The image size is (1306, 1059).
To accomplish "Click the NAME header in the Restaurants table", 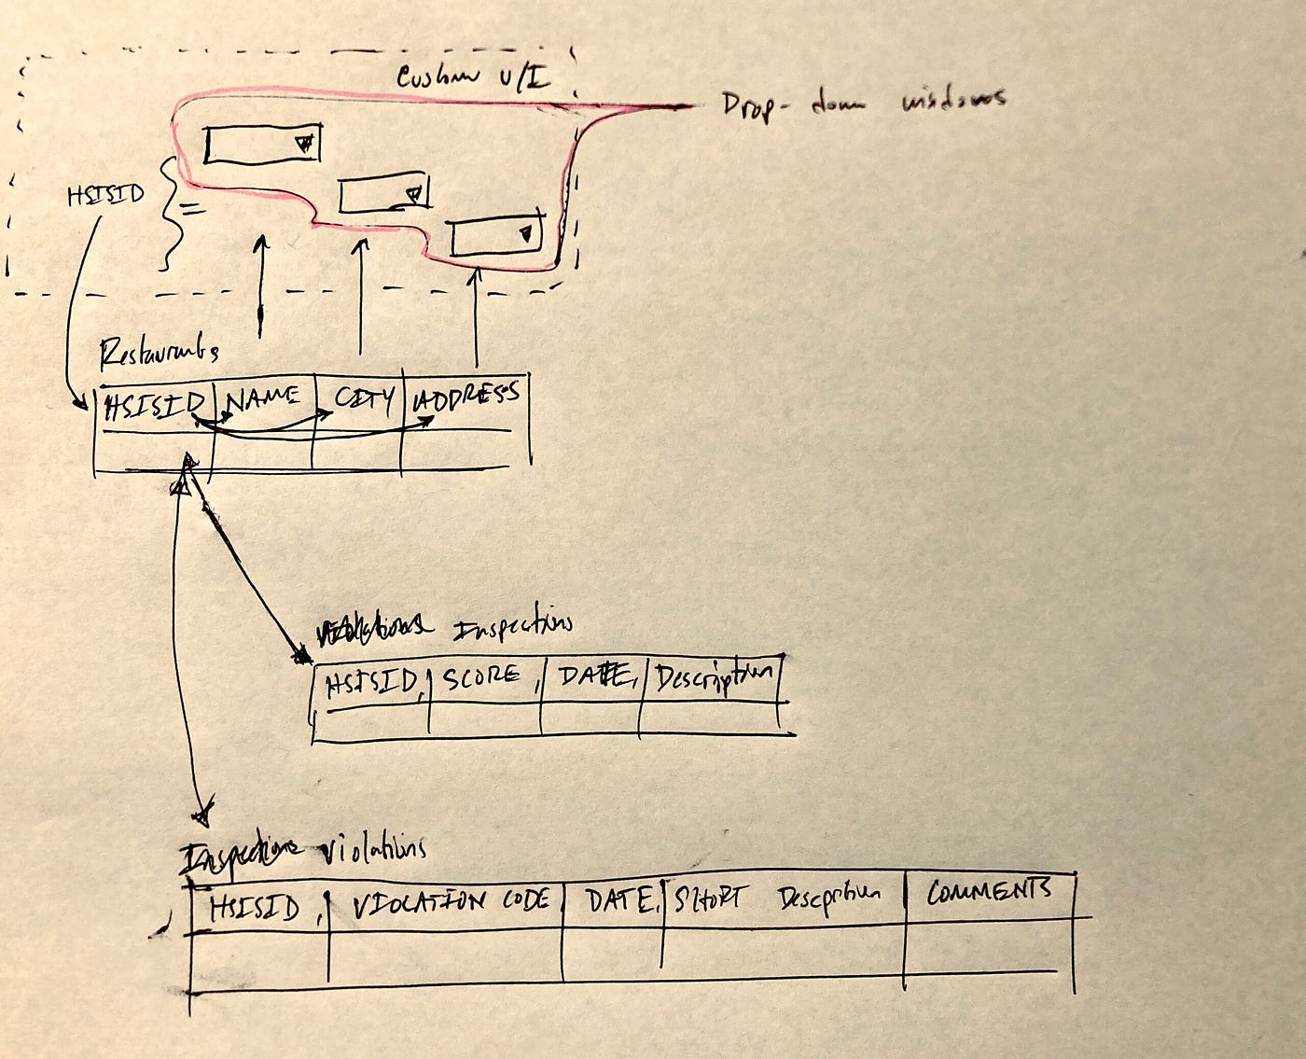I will click(x=264, y=400).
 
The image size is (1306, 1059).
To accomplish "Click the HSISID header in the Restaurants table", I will click(x=156, y=406).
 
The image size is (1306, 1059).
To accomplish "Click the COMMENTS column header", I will click(x=989, y=890).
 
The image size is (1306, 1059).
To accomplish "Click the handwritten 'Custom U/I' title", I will click(x=474, y=77).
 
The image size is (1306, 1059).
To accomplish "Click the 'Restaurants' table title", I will click(x=159, y=350).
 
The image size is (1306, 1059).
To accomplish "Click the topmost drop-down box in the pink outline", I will click(x=262, y=144).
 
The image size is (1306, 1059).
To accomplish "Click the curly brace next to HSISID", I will click(x=172, y=212).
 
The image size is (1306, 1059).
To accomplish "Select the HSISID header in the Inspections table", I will click(x=371, y=684).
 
